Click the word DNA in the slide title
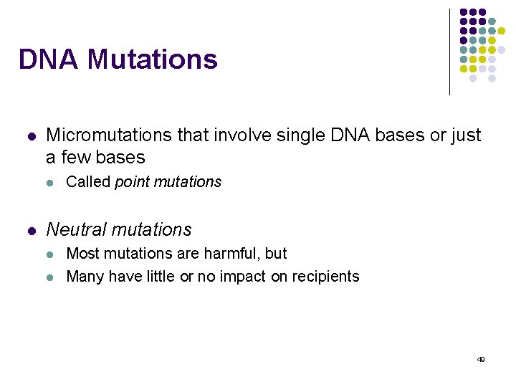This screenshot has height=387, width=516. tap(48, 59)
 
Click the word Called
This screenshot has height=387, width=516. tap(88, 182)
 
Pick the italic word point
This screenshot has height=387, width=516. tap(132, 183)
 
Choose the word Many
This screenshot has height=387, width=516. tap(85, 277)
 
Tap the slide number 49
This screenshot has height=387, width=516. tap(481, 360)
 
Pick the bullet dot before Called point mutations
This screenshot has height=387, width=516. tap(49, 183)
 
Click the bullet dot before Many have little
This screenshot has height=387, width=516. tap(49, 277)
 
